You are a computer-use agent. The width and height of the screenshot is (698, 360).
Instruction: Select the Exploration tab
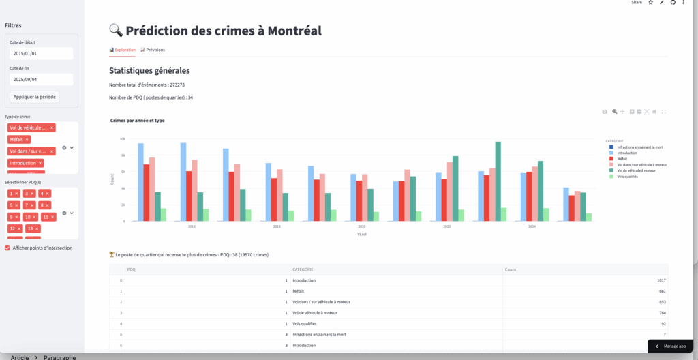(x=123, y=50)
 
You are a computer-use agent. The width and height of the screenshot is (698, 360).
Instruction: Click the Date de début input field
(x=41, y=53)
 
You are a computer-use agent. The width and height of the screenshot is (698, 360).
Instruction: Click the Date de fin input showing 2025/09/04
(x=41, y=79)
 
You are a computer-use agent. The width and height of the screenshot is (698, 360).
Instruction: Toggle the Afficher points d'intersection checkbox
(x=7, y=247)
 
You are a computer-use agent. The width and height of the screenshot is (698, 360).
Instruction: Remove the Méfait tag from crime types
(x=27, y=139)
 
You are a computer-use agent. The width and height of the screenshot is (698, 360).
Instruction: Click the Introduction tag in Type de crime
(x=24, y=163)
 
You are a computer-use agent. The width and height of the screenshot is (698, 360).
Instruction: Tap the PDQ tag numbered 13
(x=30, y=229)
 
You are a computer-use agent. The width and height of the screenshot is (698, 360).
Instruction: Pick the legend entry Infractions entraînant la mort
(x=639, y=147)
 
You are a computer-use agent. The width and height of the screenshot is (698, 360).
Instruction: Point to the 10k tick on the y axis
(x=123, y=138)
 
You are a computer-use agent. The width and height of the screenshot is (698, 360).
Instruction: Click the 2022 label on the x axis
(x=446, y=226)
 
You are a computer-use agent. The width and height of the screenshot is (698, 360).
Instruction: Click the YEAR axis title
(x=362, y=234)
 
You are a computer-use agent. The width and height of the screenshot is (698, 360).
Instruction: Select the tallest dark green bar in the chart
(x=498, y=181)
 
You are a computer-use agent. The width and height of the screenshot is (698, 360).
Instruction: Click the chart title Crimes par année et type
(x=137, y=121)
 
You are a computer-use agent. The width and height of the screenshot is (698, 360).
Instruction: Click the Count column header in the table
(x=511, y=269)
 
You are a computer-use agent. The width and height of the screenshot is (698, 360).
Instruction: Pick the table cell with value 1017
(x=658, y=280)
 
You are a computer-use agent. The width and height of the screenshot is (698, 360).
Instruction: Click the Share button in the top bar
(x=636, y=3)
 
